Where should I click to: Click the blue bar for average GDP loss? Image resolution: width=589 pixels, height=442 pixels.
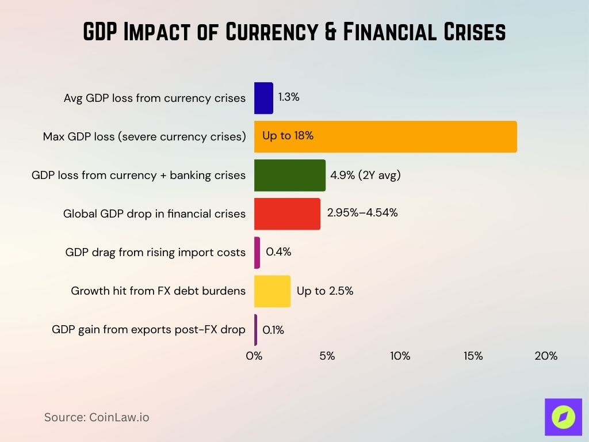coord(263,98)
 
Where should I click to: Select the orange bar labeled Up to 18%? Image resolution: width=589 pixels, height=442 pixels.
coord(385,136)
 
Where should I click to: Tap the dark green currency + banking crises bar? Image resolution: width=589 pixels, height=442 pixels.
coord(290,175)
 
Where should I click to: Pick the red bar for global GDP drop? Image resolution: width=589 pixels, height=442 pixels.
coord(287,214)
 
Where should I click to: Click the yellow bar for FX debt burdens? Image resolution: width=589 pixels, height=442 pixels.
coord(272,291)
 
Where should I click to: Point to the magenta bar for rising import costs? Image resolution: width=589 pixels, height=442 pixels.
coord(257,252)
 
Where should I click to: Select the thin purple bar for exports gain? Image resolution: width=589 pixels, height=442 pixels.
coord(256,330)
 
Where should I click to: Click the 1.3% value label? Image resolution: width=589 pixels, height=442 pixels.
coord(289,97)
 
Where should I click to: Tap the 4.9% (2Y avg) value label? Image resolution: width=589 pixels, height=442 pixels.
coord(365,175)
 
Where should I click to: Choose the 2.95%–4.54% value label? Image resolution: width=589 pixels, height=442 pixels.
coord(362,212)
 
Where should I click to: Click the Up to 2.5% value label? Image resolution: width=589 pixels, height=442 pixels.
coord(325,291)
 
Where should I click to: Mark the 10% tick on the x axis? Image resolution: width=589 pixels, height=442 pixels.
coord(400,356)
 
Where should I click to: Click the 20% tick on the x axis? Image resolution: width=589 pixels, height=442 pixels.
coord(546,356)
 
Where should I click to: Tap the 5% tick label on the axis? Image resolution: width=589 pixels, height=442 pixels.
coord(327,356)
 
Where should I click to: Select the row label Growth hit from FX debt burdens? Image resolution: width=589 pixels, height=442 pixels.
coord(158,291)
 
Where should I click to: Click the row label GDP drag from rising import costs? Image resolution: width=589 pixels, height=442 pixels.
coord(155,252)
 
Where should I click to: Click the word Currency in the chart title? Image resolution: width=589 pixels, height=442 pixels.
coord(270,32)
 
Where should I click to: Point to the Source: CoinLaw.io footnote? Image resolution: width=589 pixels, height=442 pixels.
coord(97,417)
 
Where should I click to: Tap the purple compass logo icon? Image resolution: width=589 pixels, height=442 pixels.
coord(562,417)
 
